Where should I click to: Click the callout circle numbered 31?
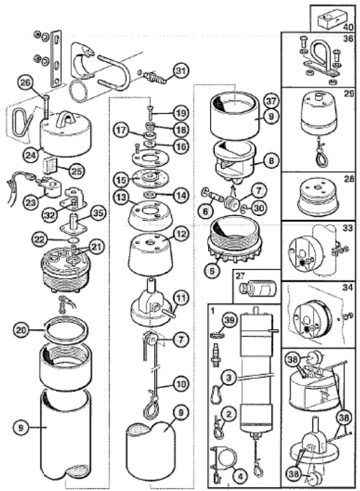click(x=181, y=71)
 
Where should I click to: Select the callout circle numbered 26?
click(x=27, y=83)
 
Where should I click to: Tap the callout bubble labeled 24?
click(x=31, y=155)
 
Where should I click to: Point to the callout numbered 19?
click(x=181, y=113)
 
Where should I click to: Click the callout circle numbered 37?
click(x=271, y=101)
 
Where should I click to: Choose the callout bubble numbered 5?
click(x=212, y=271)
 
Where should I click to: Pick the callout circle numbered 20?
click(x=21, y=330)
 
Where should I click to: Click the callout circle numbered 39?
click(x=230, y=322)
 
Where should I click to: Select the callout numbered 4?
click(x=240, y=477)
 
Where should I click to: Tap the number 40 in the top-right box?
click(x=348, y=27)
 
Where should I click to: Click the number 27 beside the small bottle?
click(x=240, y=276)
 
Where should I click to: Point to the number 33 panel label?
click(x=347, y=228)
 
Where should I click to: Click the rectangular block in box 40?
click(x=331, y=20)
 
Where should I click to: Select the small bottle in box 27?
click(x=257, y=288)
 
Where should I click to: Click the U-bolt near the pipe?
click(x=113, y=72)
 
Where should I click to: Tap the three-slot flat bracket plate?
click(x=57, y=58)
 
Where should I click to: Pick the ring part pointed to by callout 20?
click(x=67, y=331)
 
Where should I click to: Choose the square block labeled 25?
click(x=49, y=166)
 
